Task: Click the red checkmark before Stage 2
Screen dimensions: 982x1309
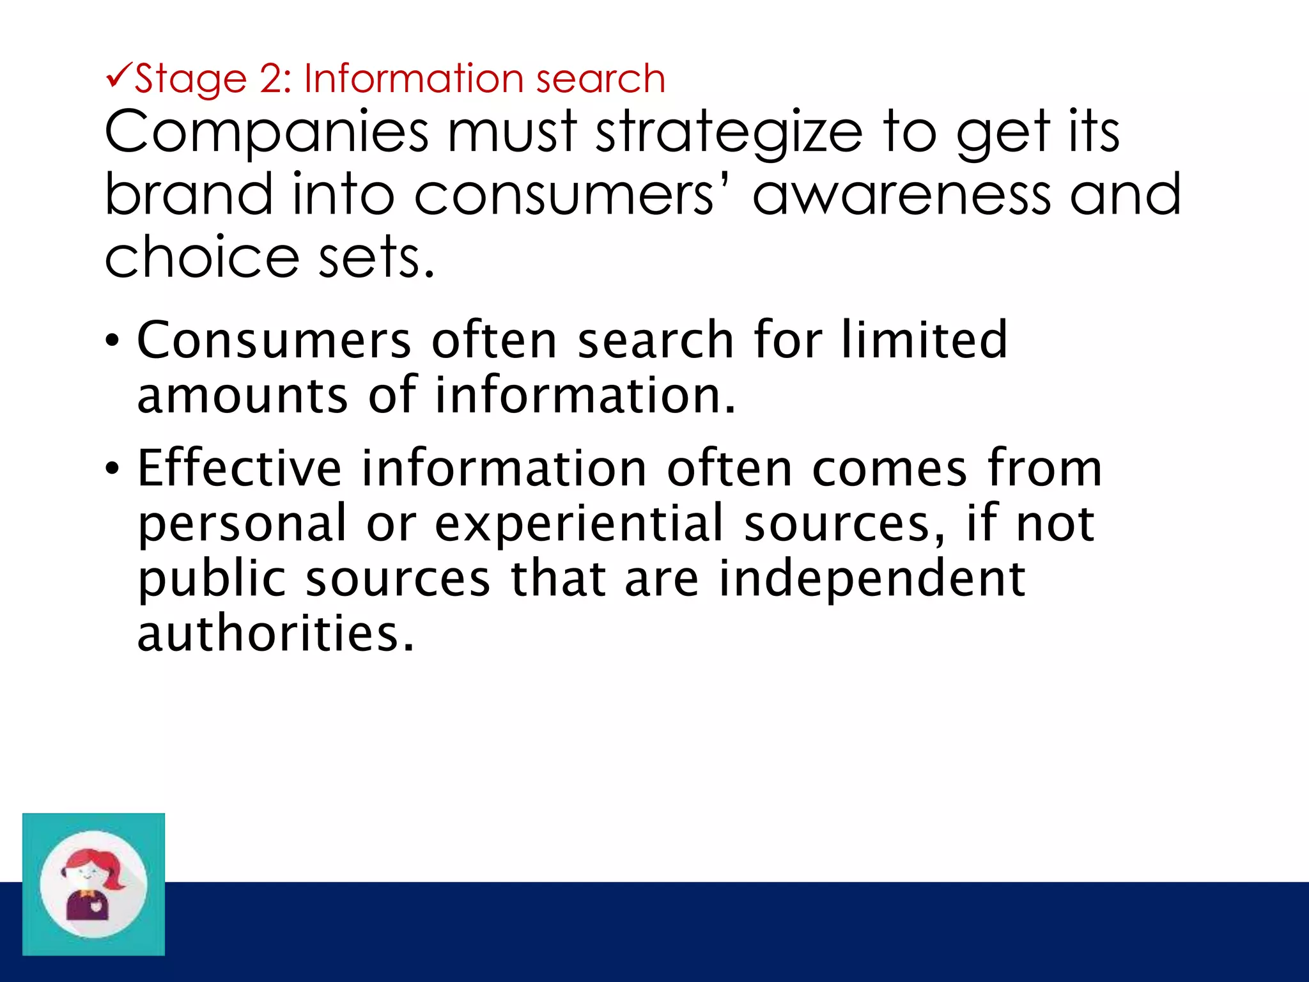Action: pyautogui.click(x=118, y=76)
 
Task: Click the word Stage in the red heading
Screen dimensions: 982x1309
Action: pyautogui.click(x=190, y=80)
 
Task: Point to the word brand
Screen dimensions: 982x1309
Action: pyautogui.click(x=189, y=194)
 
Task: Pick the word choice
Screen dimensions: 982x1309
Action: pyautogui.click(x=201, y=257)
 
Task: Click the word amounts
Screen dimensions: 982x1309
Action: pyautogui.click(x=242, y=395)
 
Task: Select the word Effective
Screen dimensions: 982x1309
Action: pyautogui.click(x=240, y=468)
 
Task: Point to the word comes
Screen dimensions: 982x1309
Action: pyautogui.click(x=890, y=469)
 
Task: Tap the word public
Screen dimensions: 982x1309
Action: pyautogui.click(x=212, y=579)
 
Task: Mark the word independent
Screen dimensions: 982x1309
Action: pyautogui.click(x=872, y=578)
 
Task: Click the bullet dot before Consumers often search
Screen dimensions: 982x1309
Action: pyautogui.click(x=112, y=340)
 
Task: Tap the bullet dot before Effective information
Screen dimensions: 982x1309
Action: pyautogui.click(x=112, y=469)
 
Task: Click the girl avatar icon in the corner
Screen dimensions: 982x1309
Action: pyautogui.click(x=93, y=884)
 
